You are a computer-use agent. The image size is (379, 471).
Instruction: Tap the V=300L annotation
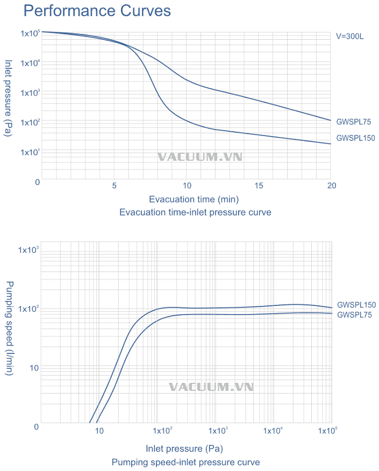pyautogui.click(x=351, y=37)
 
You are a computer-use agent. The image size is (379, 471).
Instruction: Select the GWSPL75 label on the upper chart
pyautogui.click(x=354, y=122)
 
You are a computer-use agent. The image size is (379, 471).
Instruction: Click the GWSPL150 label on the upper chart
pyautogui.click(x=355, y=138)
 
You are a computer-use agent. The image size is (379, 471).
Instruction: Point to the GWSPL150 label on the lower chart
pyautogui.click(x=356, y=305)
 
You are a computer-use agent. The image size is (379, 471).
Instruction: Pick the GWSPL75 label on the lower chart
pyautogui.click(x=354, y=315)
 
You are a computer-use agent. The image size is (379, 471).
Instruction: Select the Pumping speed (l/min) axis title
pyautogui.click(x=9, y=327)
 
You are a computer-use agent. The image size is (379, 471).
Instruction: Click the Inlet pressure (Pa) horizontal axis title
pyautogui.click(x=184, y=448)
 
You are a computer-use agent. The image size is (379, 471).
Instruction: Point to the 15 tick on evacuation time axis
pyautogui.click(x=259, y=185)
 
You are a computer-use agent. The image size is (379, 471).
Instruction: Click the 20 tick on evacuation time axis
pyautogui.click(x=332, y=185)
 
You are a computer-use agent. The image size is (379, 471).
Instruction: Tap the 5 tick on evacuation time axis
pyautogui.click(x=114, y=185)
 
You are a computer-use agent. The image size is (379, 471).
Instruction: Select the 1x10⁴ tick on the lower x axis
pyautogui.click(x=274, y=431)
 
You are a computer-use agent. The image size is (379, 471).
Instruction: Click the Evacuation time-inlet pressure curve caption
pyautogui.click(x=195, y=212)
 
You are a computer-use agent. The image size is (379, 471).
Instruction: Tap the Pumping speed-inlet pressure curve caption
pyautogui.click(x=185, y=462)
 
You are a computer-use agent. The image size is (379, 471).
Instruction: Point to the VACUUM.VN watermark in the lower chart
pyautogui.click(x=211, y=387)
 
